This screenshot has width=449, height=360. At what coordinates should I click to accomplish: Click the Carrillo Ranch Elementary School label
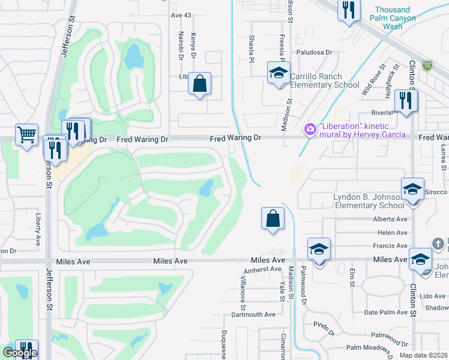tap(324, 80)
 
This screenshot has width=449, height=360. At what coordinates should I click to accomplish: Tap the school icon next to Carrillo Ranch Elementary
tap(279, 73)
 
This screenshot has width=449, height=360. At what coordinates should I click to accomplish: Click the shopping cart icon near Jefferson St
tap(26, 135)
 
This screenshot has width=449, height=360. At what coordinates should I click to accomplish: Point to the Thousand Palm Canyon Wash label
tap(393, 18)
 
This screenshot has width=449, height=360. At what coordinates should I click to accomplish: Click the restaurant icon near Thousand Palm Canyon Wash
tap(347, 10)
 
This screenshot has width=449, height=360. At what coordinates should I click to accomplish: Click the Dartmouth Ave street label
tap(253, 314)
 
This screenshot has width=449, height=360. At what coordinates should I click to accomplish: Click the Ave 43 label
tap(181, 14)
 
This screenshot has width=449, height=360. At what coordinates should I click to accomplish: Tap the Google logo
tap(20, 353)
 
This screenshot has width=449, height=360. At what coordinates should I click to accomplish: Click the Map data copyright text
tap(423, 355)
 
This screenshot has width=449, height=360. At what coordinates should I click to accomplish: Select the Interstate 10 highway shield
tap(427, 64)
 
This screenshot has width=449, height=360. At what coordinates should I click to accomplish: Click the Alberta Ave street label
tap(390, 220)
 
